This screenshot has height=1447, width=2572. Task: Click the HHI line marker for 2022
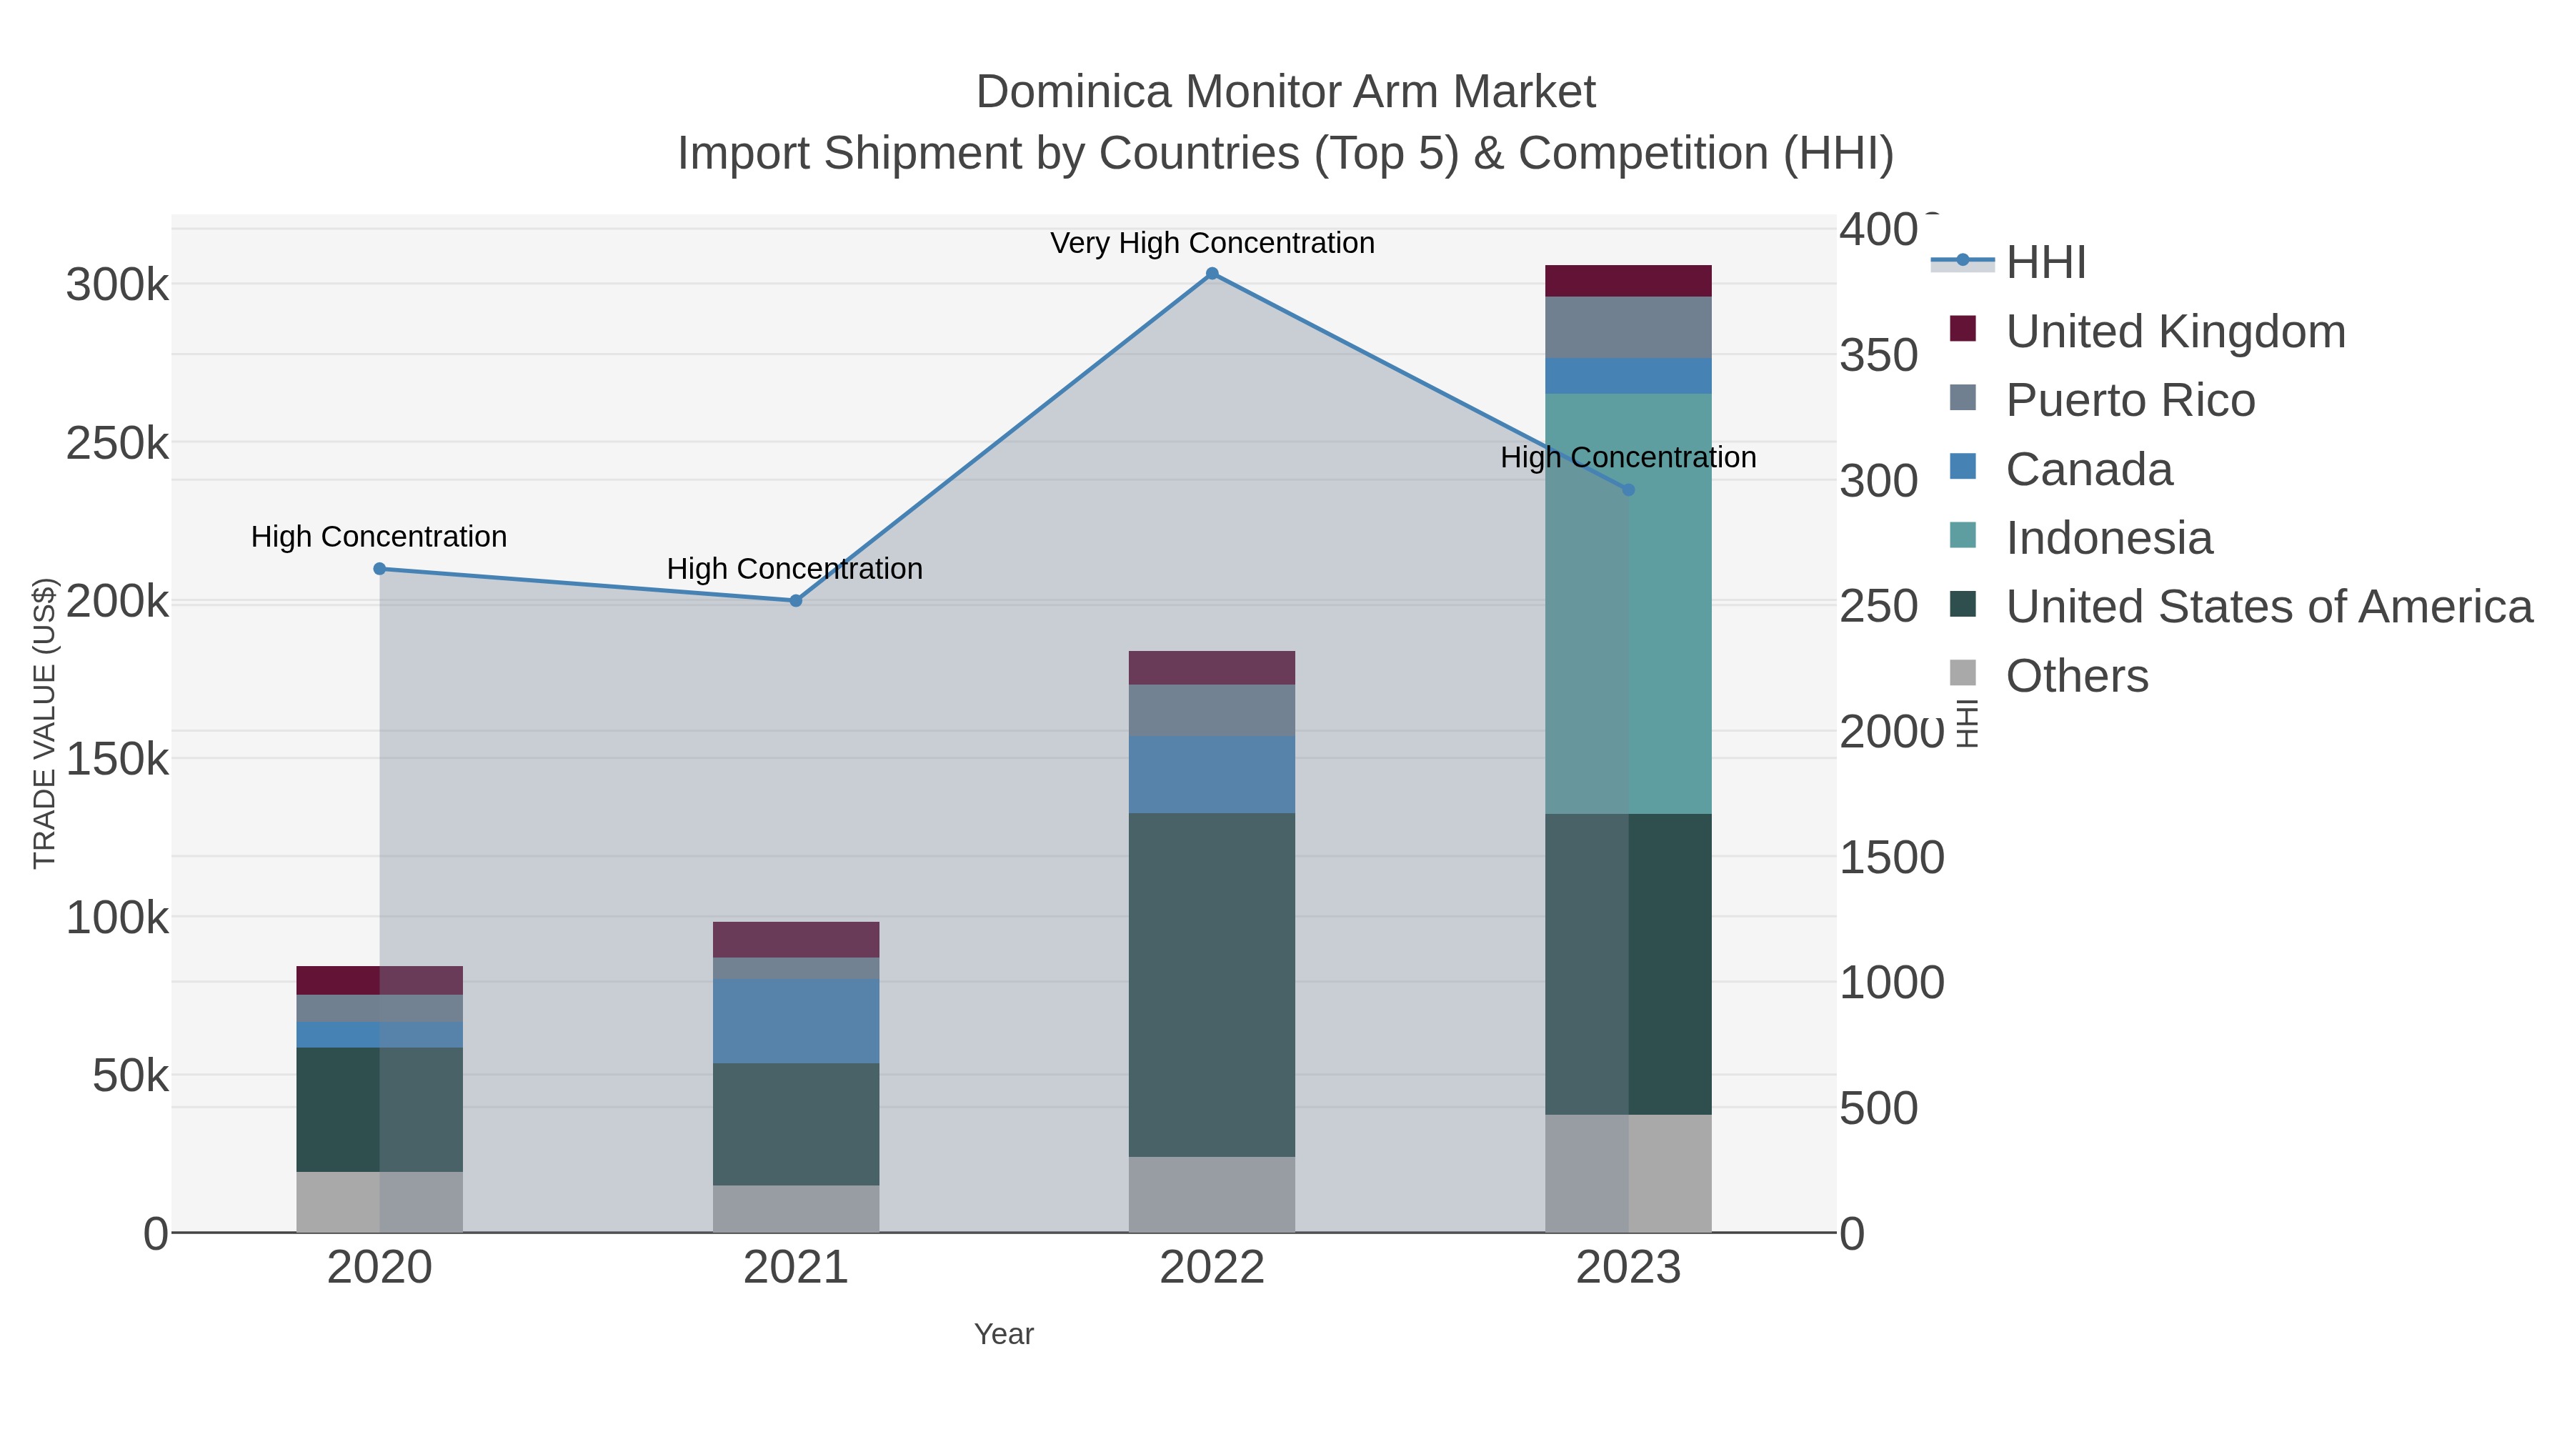click(x=1212, y=274)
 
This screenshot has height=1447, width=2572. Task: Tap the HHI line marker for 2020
click(x=379, y=570)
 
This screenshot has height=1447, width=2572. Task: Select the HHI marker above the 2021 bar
click(x=796, y=601)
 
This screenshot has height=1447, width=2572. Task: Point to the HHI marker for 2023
click(x=1628, y=490)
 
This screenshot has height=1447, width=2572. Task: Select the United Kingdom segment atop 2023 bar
click(x=1628, y=281)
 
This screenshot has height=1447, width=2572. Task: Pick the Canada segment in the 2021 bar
click(x=796, y=1020)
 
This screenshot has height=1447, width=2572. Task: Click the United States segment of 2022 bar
click(x=1212, y=985)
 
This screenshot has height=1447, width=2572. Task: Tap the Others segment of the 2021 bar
click(x=796, y=1208)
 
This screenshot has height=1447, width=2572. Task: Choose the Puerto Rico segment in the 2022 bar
click(x=1212, y=710)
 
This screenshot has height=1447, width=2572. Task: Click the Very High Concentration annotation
click(x=1212, y=244)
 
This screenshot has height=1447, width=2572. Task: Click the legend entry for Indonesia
click(x=2109, y=538)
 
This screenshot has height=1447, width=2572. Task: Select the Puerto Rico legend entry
click(x=2130, y=400)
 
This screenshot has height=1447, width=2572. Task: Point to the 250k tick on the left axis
click(x=117, y=443)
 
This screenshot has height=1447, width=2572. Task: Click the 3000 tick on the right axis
click(x=1878, y=482)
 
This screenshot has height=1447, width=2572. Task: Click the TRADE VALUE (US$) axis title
click(x=45, y=723)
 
